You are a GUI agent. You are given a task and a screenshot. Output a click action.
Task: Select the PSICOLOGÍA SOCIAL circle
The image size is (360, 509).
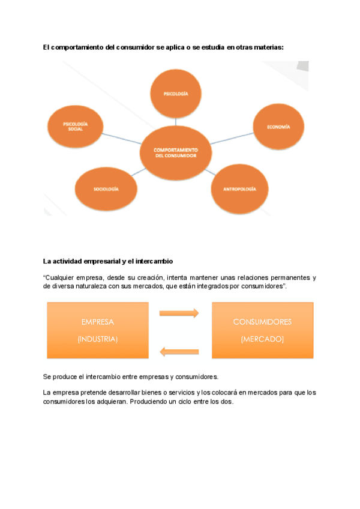(x=76, y=127)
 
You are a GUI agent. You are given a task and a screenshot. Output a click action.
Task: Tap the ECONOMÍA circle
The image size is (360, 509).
(x=278, y=127)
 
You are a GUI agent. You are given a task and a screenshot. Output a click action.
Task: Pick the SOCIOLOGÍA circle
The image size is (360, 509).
(x=106, y=189)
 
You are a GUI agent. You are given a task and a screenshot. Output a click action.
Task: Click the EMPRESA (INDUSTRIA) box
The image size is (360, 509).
(x=98, y=330)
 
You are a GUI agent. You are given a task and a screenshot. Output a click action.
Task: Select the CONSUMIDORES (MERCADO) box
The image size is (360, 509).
(x=262, y=330)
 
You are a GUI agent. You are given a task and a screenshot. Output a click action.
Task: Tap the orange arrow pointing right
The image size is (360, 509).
(x=179, y=313)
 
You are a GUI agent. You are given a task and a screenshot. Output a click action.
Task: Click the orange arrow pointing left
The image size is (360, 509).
(x=179, y=351)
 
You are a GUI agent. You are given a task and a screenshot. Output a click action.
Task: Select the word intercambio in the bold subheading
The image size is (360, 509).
(x=154, y=261)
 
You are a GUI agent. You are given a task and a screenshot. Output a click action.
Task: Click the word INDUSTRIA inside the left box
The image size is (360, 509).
(x=98, y=339)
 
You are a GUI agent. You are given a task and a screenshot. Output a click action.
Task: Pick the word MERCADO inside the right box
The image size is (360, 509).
(x=262, y=339)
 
